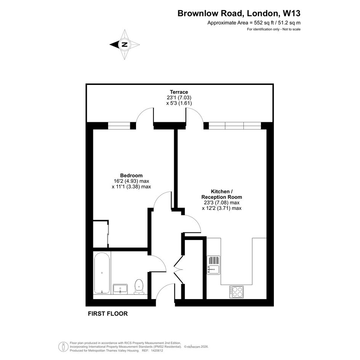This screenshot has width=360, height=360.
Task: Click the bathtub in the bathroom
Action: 102,273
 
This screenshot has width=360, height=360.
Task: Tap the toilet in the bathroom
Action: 139,287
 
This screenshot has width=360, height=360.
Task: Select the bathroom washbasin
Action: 120,289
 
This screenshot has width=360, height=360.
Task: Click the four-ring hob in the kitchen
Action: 237,292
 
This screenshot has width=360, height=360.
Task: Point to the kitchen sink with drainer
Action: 213,265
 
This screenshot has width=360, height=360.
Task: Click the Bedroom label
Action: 131,175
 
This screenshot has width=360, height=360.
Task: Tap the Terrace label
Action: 179,92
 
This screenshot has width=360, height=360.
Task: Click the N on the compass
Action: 125,45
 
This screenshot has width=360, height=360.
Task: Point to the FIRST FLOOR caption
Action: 108,314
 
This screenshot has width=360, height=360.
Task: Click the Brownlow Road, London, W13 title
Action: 239,13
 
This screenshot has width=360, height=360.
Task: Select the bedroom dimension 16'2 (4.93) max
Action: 131,181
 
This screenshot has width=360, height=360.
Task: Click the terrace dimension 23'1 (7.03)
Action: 179,98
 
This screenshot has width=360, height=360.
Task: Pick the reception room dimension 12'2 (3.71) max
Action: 222,208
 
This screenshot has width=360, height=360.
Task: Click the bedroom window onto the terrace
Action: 119,126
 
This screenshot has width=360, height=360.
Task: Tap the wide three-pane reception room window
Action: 235,126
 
